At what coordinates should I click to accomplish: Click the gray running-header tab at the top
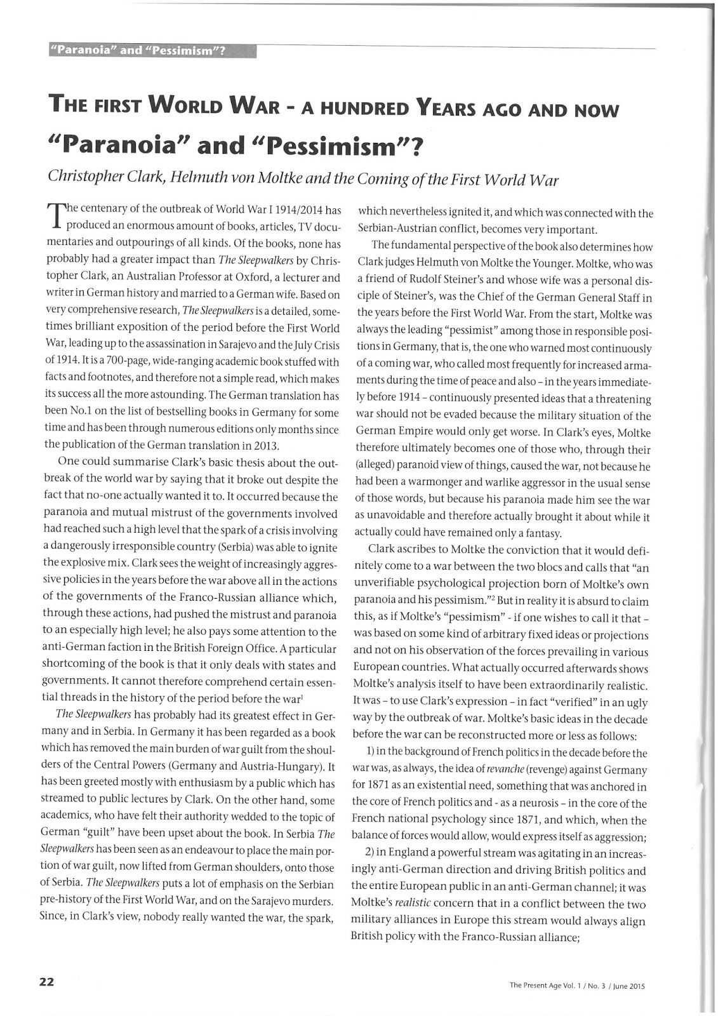pos(152,51)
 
